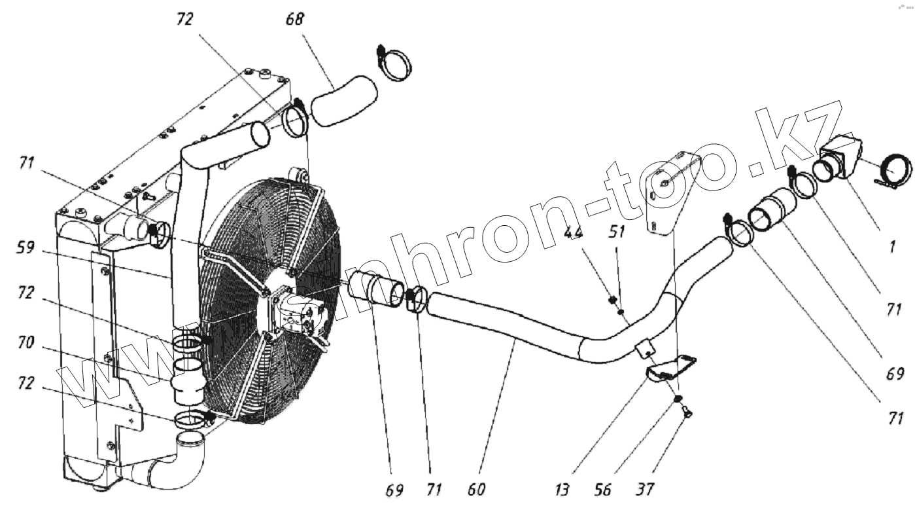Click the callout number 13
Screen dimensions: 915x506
[x=564, y=489]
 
